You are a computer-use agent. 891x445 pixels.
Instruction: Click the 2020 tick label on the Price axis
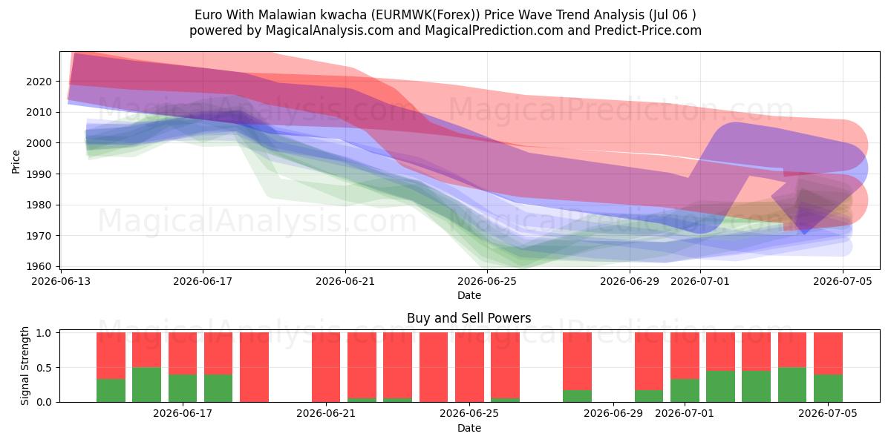[x=39, y=82]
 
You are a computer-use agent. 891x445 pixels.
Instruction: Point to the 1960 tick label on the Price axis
[x=39, y=266]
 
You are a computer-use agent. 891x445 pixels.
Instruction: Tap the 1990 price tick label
[x=39, y=174]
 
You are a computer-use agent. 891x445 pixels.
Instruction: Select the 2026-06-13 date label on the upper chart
[x=61, y=282]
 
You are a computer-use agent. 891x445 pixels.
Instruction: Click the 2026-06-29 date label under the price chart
[x=630, y=282]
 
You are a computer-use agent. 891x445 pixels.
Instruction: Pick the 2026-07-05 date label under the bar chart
[x=828, y=414]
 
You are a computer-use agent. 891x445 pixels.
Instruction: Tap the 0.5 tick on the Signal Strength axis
[x=44, y=368]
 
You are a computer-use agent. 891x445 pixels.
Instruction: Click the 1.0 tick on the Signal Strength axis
[x=44, y=333]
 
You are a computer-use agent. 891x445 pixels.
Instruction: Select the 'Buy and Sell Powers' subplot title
[x=469, y=318]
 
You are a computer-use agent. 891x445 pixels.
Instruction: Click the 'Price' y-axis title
[x=16, y=162]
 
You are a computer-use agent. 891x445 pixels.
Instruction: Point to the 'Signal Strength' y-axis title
[x=25, y=366]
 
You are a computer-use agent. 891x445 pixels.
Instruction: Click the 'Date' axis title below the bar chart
[x=469, y=429]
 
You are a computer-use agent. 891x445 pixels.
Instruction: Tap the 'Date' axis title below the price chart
[x=469, y=296]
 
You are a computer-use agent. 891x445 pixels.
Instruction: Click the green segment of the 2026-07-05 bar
[x=828, y=388]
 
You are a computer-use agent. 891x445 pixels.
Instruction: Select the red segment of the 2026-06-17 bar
[x=183, y=354]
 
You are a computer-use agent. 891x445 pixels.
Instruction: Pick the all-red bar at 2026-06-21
[x=326, y=367]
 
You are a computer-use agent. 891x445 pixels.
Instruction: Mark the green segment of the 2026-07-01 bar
[x=685, y=391]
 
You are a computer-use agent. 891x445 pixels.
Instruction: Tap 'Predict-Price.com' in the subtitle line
[x=648, y=30]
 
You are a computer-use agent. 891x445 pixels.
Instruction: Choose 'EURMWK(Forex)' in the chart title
[x=425, y=15]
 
